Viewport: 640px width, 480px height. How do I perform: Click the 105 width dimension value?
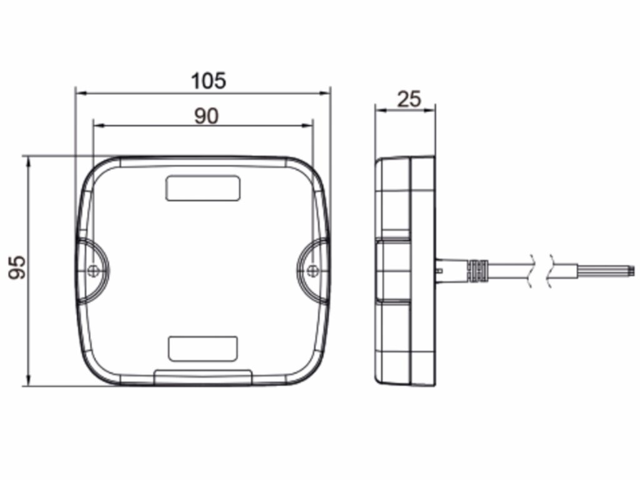coord(208,81)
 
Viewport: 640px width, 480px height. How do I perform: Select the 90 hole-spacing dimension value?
coord(206,116)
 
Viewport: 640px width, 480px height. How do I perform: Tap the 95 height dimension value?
coord(17,267)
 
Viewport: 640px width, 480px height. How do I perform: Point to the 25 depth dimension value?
coord(409,99)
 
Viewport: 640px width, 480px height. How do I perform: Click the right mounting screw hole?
coord(312,270)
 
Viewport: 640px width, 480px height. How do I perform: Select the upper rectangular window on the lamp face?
coord(203,188)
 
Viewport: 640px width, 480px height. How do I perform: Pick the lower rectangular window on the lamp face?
coord(203,349)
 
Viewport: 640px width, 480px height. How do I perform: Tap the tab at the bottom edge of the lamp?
coord(203,377)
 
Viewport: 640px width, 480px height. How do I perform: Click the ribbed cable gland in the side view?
coord(478,270)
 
